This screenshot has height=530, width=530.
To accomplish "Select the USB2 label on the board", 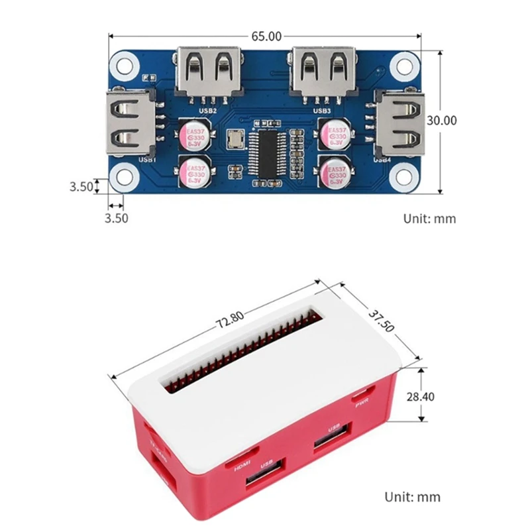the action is coord(208,111).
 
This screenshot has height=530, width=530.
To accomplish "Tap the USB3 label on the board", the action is coord(322,111).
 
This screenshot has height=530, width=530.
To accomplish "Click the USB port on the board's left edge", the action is coord(131,127).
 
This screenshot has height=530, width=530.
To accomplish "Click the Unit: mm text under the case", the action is coord(412,497).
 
